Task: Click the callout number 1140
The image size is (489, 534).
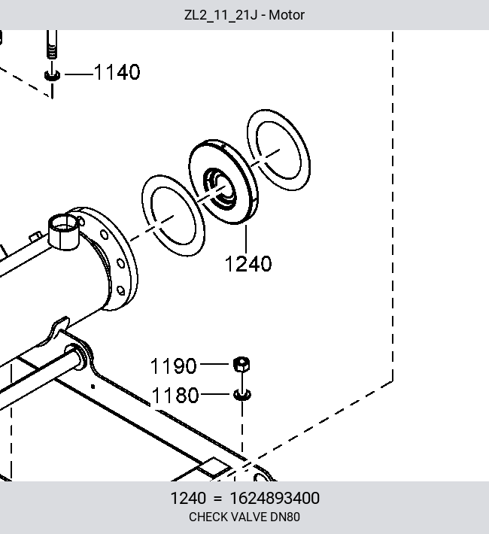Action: [117, 72]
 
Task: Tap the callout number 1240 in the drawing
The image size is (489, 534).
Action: [248, 264]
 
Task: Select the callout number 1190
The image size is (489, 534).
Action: [174, 366]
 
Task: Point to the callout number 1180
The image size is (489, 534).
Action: [175, 396]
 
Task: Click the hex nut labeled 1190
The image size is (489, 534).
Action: [241, 365]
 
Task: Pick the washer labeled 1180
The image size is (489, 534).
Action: [242, 395]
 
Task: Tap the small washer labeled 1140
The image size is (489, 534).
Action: [52, 75]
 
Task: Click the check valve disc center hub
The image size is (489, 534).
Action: [220, 188]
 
